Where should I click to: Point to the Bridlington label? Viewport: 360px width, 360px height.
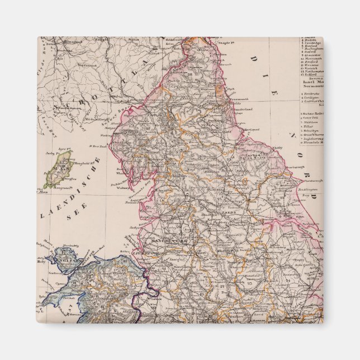click(307, 190)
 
